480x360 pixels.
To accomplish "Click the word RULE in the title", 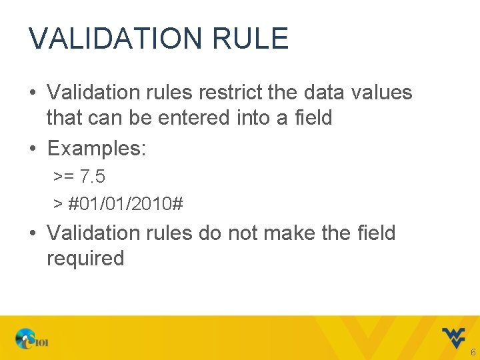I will pos(251,39).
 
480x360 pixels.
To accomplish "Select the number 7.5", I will pos(92,177).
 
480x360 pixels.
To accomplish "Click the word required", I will pos(85,259).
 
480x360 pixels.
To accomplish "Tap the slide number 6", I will pos(473,351).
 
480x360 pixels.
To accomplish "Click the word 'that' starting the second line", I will pos(63,117).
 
